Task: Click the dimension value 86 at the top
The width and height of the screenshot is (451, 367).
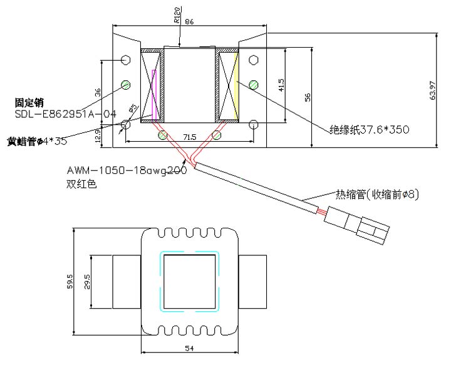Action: (190, 22)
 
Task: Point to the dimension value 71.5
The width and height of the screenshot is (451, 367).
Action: (189, 136)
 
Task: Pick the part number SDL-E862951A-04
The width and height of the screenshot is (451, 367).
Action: (66, 114)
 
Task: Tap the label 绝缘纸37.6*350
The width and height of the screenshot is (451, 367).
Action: (369, 130)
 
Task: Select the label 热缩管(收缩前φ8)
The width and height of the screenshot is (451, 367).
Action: (376, 194)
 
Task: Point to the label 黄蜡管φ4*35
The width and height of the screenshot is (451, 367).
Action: (37, 141)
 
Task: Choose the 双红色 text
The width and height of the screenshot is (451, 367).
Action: (81, 185)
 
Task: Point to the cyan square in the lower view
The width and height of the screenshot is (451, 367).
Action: (190, 282)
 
